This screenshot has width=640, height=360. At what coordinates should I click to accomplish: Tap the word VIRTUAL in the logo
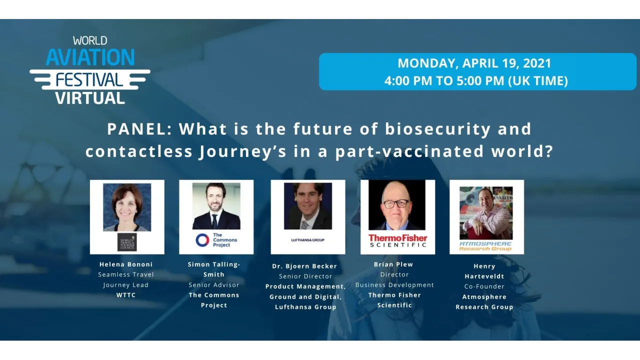click(90, 97)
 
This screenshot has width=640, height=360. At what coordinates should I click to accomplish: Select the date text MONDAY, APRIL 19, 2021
click(474, 63)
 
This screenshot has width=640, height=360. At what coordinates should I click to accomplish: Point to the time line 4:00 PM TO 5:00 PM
click(475, 80)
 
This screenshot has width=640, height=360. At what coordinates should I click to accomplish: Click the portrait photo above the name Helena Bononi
click(127, 207)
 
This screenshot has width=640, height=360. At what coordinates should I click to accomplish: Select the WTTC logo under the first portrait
click(127, 242)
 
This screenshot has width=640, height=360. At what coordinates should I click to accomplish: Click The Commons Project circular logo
click(202, 240)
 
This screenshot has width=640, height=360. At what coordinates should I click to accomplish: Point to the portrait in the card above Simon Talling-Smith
click(216, 206)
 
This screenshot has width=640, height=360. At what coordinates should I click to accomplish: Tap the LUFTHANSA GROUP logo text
click(307, 240)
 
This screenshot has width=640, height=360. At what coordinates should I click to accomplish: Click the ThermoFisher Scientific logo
click(397, 240)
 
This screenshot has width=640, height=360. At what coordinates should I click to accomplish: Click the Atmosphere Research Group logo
click(485, 245)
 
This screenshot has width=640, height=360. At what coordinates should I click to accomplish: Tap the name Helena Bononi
click(126, 264)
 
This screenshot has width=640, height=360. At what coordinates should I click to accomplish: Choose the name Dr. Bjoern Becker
click(304, 266)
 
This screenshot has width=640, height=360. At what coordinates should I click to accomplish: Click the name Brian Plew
click(393, 264)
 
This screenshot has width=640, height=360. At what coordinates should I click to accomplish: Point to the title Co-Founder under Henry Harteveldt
click(484, 286)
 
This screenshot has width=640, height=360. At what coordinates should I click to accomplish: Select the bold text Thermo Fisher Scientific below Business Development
click(394, 300)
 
